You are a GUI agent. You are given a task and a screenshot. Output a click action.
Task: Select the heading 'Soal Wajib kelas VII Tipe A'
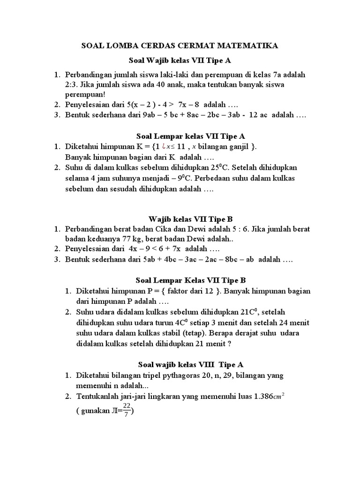coord(180,60)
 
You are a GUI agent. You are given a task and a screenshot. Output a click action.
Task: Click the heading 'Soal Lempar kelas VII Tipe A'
coord(190,136)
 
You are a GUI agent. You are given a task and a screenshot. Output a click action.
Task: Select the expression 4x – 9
coord(133,249)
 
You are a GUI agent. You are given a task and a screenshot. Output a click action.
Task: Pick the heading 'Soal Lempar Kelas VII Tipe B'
coord(190,281)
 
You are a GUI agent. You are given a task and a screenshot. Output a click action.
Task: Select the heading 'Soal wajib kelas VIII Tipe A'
coord(190,364)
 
